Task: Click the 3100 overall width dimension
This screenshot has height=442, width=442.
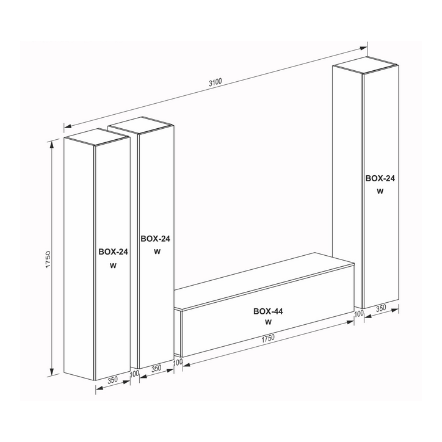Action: [x=216, y=82]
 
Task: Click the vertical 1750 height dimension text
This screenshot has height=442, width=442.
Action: [x=48, y=259]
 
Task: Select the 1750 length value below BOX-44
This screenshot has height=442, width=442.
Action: [x=268, y=339]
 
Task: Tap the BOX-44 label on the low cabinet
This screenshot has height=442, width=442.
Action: [x=268, y=311]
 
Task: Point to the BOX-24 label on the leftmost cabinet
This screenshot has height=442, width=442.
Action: [x=113, y=252]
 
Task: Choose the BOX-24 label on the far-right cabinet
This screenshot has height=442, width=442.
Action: [x=380, y=178]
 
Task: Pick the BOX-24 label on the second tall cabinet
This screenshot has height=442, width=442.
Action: [x=155, y=239]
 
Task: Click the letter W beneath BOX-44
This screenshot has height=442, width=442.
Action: [x=269, y=322]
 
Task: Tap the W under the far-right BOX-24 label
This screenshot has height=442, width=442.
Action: [x=380, y=191]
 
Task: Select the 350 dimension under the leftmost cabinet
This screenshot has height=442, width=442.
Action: [x=112, y=380]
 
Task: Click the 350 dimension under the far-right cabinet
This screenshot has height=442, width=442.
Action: [x=381, y=308]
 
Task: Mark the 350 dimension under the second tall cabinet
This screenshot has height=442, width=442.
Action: [x=156, y=368]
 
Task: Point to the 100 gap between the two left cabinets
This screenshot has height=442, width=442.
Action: [x=134, y=374]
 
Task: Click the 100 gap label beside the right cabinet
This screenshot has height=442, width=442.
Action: [x=358, y=313]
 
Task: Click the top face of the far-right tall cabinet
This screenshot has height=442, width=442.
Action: [x=365, y=65]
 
